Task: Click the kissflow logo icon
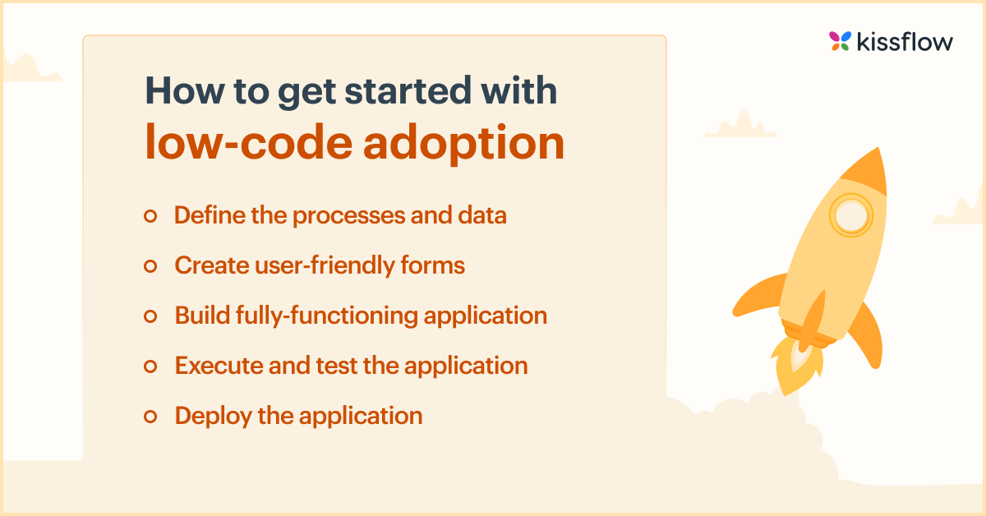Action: click(839, 41)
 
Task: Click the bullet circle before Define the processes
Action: click(150, 216)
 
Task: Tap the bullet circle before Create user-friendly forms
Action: click(150, 266)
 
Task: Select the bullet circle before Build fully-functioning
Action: click(150, 316)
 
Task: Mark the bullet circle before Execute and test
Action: click(150, 366)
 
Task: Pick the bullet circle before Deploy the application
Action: click(150, 417)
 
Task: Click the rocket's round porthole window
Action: click(849, 216)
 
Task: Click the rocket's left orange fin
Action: click(754, 296)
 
